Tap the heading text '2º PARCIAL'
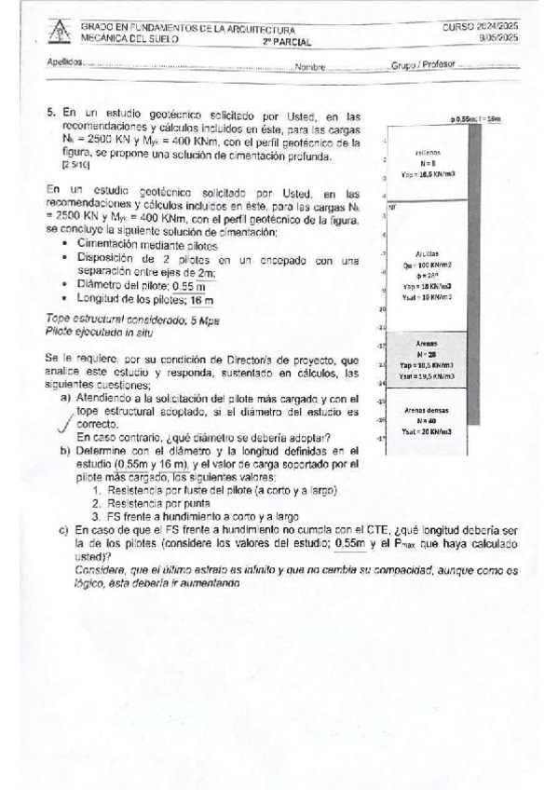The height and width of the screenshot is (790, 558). coord(287,43)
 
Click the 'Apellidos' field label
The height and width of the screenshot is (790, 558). coord(64,66)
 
